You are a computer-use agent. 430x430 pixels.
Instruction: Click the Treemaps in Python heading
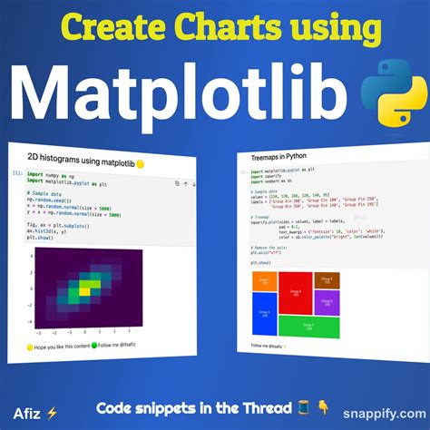[279, 157]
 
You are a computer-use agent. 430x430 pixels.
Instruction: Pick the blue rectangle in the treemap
[264, 308]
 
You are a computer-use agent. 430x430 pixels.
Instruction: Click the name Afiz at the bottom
[25, 412]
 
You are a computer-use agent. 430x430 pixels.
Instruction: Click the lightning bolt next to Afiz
[53, 413]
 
